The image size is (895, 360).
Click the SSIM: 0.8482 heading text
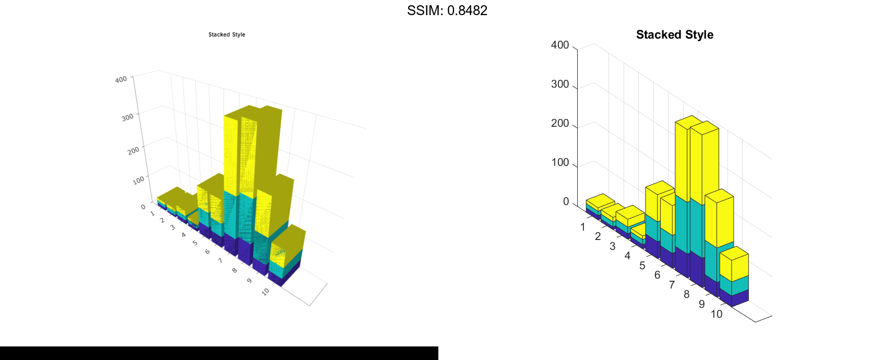click(x=447, y=10)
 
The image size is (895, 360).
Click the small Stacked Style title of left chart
click(x=227, y=34)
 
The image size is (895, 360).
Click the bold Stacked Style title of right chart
click(x=675, y=34)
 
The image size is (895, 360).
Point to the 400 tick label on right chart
click(x=560, y=45)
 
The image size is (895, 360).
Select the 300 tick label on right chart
click(x=560, y=84)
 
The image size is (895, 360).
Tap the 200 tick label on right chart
click(x=560, y=123)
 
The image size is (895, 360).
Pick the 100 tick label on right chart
click(x=560, y=162)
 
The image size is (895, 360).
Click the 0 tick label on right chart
click(x=566, y=201)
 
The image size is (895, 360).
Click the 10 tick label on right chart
click(x=717, y=314)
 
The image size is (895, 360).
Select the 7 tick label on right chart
click(x=672, y=285)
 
